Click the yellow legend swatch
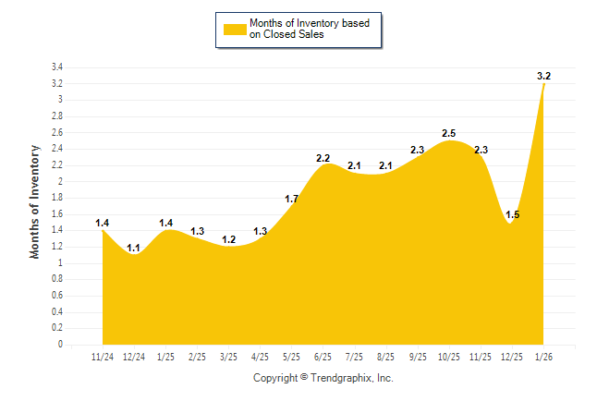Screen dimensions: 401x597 [233, 29]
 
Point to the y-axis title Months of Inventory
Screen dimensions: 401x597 [35, 200]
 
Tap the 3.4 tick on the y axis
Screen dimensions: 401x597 [56, 67]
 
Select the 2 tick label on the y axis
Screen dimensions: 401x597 [59, 182]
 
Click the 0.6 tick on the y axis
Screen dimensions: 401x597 [56, 296]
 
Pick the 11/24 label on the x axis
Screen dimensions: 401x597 [104, 356]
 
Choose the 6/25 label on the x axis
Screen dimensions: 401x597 [323, 356]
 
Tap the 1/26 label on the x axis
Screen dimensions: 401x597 [544, 356]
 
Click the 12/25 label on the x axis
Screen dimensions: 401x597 [512, 356]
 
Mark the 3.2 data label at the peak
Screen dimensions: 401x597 [544, 76]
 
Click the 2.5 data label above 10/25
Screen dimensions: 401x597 [449, 133]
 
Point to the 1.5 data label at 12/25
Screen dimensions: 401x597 [513, 215]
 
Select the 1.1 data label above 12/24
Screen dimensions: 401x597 [134, 248]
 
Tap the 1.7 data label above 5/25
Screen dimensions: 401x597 [291, 199]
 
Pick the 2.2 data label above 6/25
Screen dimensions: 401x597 [323, 158]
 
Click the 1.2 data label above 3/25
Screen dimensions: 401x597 [228, 239]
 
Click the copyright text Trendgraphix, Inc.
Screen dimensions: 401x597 [323, 378]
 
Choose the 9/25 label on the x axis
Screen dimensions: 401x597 [418, 356]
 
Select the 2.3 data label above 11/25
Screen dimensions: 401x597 [481, 150]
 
